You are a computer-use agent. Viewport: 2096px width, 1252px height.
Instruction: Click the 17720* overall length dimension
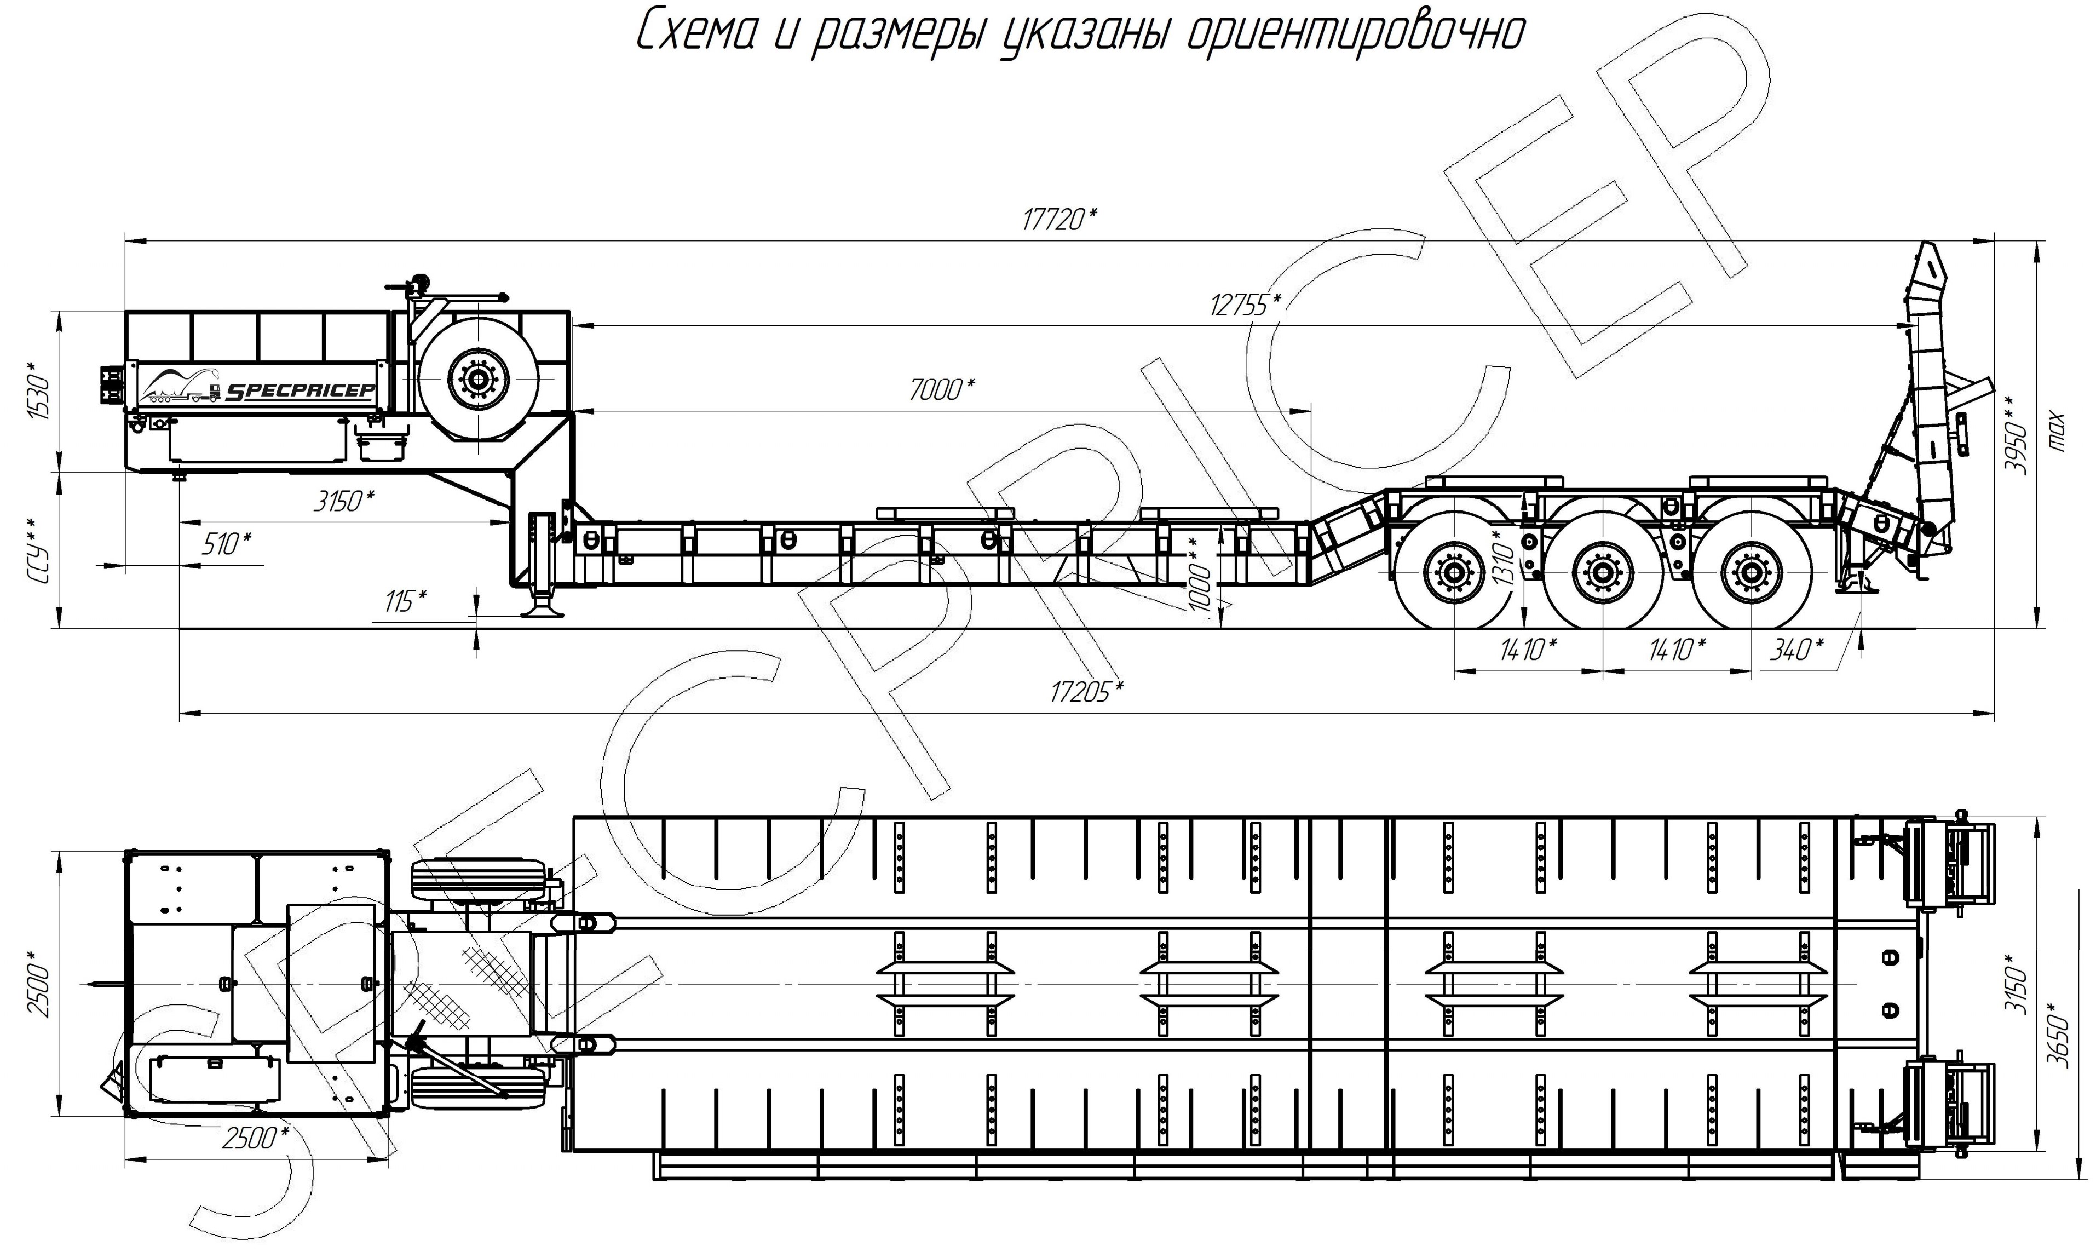[1059, 220]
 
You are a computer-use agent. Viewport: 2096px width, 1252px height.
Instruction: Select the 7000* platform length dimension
[942, 390]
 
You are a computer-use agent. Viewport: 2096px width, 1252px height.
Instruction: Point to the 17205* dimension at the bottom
[1086, 691]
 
